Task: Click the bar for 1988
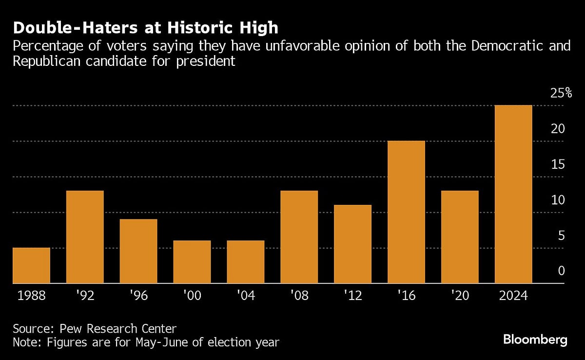(x=31, y=265)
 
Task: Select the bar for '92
(x=85, y=237)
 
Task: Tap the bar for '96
(x=138, y=251)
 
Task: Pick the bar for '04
(x=246, y=262)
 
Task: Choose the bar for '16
(x=406, y=212)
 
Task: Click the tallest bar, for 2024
(x=513, y=194)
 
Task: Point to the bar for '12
(x=352, y=244)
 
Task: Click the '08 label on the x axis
(x=299, y=296)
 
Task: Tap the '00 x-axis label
(x=192, y=296)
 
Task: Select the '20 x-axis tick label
(x=460, y=296)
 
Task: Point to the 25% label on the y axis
(x=561, y=93)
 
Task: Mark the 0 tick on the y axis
(x=561, y=271)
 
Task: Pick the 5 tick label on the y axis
(x=561, y=236)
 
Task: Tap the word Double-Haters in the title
(x=66, y=28)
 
